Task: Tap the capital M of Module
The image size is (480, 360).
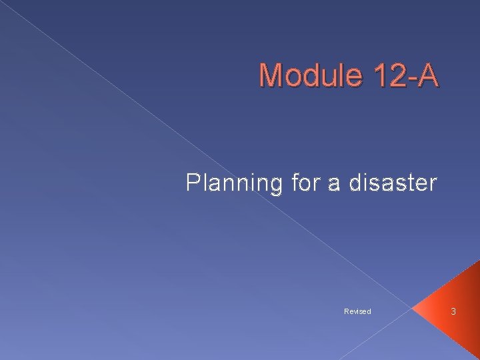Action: [x=271, y=75]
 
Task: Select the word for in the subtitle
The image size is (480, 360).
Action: [x=307, y=182]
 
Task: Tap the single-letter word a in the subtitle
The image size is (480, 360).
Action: [x=334, y=183]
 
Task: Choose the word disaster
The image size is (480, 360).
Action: [x=391, y=182]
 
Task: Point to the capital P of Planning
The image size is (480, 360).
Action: [x=193, y=182]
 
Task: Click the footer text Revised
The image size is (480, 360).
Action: [x=357, y=311]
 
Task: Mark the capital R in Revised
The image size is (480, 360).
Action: [x=346, y=311]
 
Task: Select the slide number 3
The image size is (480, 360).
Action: [x=453, y=311]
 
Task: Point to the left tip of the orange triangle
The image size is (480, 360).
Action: [x=413, y=309]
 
